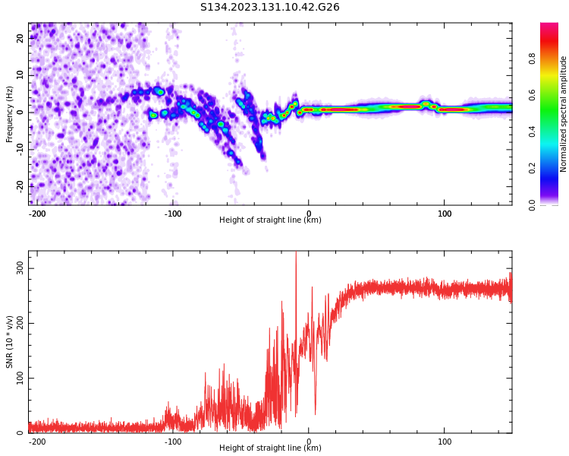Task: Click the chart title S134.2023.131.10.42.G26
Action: pyautogui.click(x=269, y=7)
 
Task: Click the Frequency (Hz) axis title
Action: pyautogui.click(x=10, y=114)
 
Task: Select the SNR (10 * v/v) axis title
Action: pyautogui.click(x=10, y=342)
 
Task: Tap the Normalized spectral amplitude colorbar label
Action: pyautogui.click(x=564, y=114)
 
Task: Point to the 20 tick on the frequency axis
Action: pyautogui.click(x=20, y=39)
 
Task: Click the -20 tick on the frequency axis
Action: pyautogui.click(x=20, y=185)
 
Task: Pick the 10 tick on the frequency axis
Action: pyautogui.click(x=20, y=75)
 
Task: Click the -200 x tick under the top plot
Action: pyautogui.click(x=37, y=214)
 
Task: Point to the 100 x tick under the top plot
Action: pyautogui.click(x=445, y=214)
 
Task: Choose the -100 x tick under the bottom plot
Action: pyautogui.click(x=173, y=441)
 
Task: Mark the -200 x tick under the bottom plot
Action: pyautogui.click(x=37, y=441)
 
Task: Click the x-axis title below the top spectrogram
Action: pyautogui.click(x=270, y=220)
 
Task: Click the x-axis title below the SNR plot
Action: pyautogui.click(x=270, y=448)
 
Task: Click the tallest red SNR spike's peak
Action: pyautogui.click(x=296, y=253)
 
